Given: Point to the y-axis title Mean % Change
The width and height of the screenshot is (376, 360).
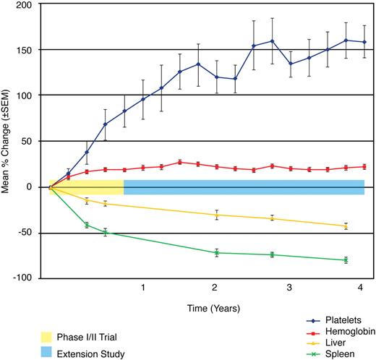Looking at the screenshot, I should point(8,141).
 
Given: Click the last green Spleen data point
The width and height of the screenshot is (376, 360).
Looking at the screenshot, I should point(346,260).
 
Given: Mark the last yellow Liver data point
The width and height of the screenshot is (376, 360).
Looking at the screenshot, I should point(346,226).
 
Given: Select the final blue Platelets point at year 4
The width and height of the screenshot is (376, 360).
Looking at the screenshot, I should point(364,43).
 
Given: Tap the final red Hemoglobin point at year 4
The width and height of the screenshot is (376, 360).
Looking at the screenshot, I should point(364,166).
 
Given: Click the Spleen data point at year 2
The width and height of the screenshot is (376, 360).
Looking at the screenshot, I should point(216,253).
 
